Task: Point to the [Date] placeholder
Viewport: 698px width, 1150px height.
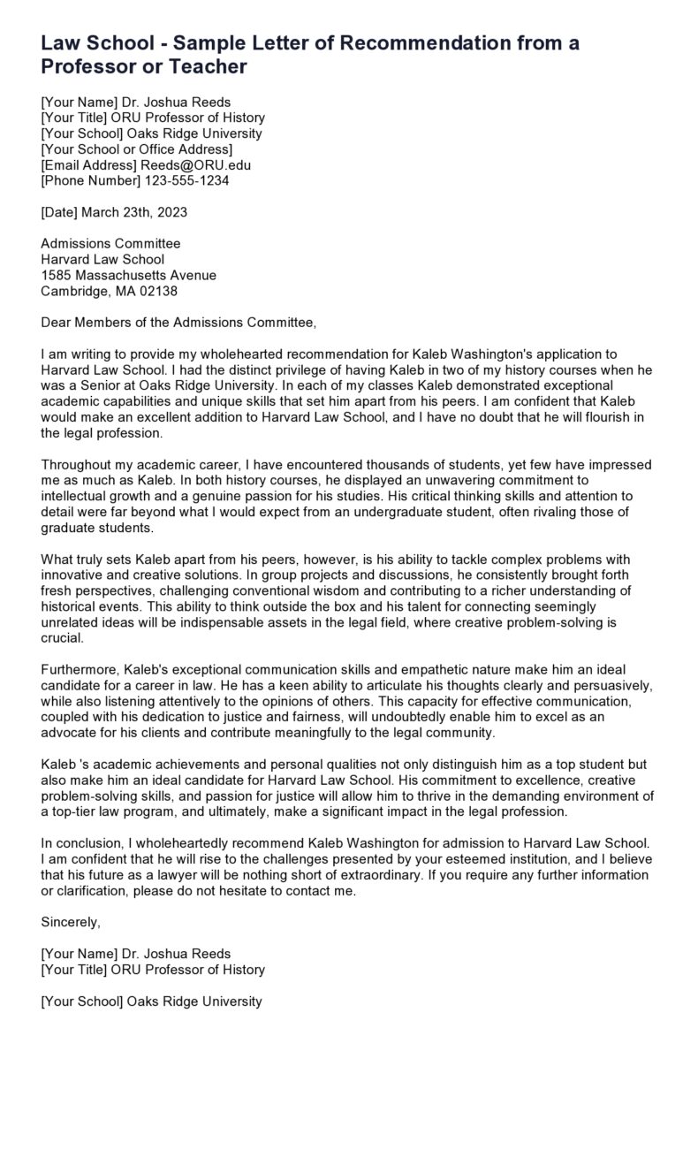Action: (x=61, y=212)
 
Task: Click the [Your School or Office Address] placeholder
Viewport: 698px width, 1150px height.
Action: (x=137, y=149)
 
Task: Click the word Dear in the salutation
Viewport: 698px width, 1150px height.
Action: (x=57, y=322)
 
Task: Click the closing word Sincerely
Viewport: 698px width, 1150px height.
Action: (x=71, y=922)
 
